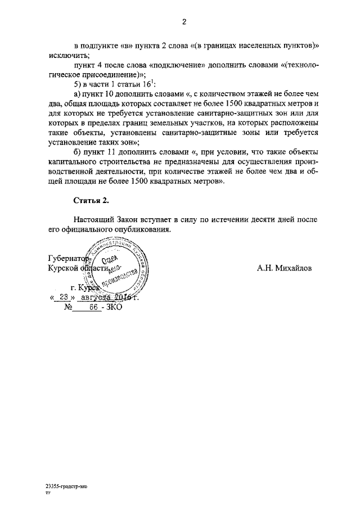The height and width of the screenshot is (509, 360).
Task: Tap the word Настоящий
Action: point(93,219)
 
